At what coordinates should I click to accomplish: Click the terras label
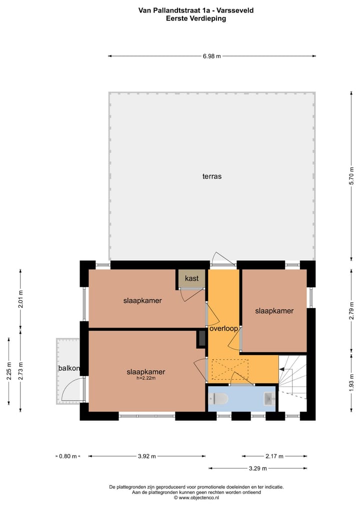tap(212, 176)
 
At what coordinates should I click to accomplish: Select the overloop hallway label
tap(223, 329)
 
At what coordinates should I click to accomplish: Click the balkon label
tap(69, 369)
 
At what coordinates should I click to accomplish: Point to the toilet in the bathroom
tap(219, 399)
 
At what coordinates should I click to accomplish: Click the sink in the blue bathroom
tap(269, 399)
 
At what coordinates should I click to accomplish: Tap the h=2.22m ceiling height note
tap(146, 378)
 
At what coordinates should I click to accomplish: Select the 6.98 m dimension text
tap(212, 56)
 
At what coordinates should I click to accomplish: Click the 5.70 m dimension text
tap(351, 176)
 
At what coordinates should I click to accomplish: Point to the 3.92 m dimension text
tap(146, 456)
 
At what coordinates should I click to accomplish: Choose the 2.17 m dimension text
tap(274, 456)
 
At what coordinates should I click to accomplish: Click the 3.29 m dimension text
tap(257, 469)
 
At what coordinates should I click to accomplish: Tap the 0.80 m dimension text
tap(68, 456)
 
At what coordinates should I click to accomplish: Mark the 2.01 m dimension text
tap(20, 299)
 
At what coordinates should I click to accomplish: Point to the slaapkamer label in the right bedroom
tap(274, 311)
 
